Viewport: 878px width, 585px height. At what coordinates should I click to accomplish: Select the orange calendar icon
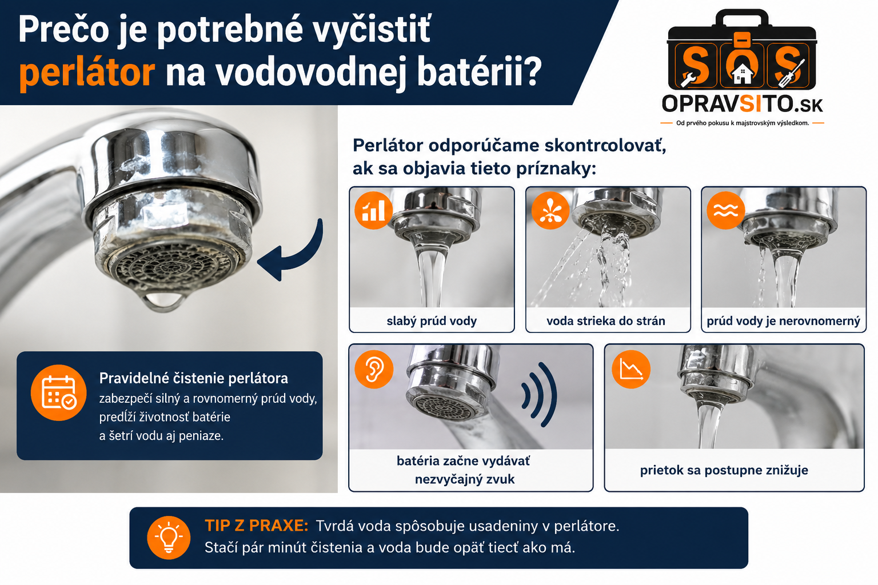pyautogui.click(x=59, y=392)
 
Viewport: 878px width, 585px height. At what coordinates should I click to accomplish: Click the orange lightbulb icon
pyautogui.click(x=169, y=538)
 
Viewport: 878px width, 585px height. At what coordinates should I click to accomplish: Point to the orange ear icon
pyautogui.click(x=374, y=369)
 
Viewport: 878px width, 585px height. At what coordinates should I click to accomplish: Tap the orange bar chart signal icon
pyautogui.click(x=373, y=210)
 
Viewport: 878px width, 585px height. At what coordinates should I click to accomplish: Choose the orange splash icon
pyautogui.click(x=550, y=210)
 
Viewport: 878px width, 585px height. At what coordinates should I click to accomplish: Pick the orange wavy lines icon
pyautogui.click(x=725, y=210)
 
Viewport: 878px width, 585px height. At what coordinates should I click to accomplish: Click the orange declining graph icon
pyautogui.click(x=631, y=369)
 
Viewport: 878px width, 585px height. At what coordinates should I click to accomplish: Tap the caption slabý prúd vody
pyautogui.click(x=432, y=321)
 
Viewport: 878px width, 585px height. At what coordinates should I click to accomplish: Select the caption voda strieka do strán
pyautogui.click(x=606, y=321)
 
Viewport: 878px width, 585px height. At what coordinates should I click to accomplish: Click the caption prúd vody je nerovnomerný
pyautogui.click(x=783, y=321)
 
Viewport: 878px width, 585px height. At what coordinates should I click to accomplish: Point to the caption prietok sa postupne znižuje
pyautogui.click(x=724, y=470)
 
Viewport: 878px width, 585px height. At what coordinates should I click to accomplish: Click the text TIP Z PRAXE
pyautogui.click(x=257, y=526)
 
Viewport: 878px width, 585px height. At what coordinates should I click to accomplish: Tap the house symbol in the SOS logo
pyautogui.click(x=742, y=74)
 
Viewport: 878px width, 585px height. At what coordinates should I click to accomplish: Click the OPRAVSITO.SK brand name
pyautogui.click(x=742, y=104)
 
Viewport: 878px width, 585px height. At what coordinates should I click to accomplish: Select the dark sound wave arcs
pyautogui.click(x=540, y=394)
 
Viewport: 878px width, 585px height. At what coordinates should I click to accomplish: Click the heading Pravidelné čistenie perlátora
pyautogui.click(x=194, y=379)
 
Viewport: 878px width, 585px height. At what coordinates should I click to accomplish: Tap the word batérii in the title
pyautogui.click(x=479, y=72)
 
